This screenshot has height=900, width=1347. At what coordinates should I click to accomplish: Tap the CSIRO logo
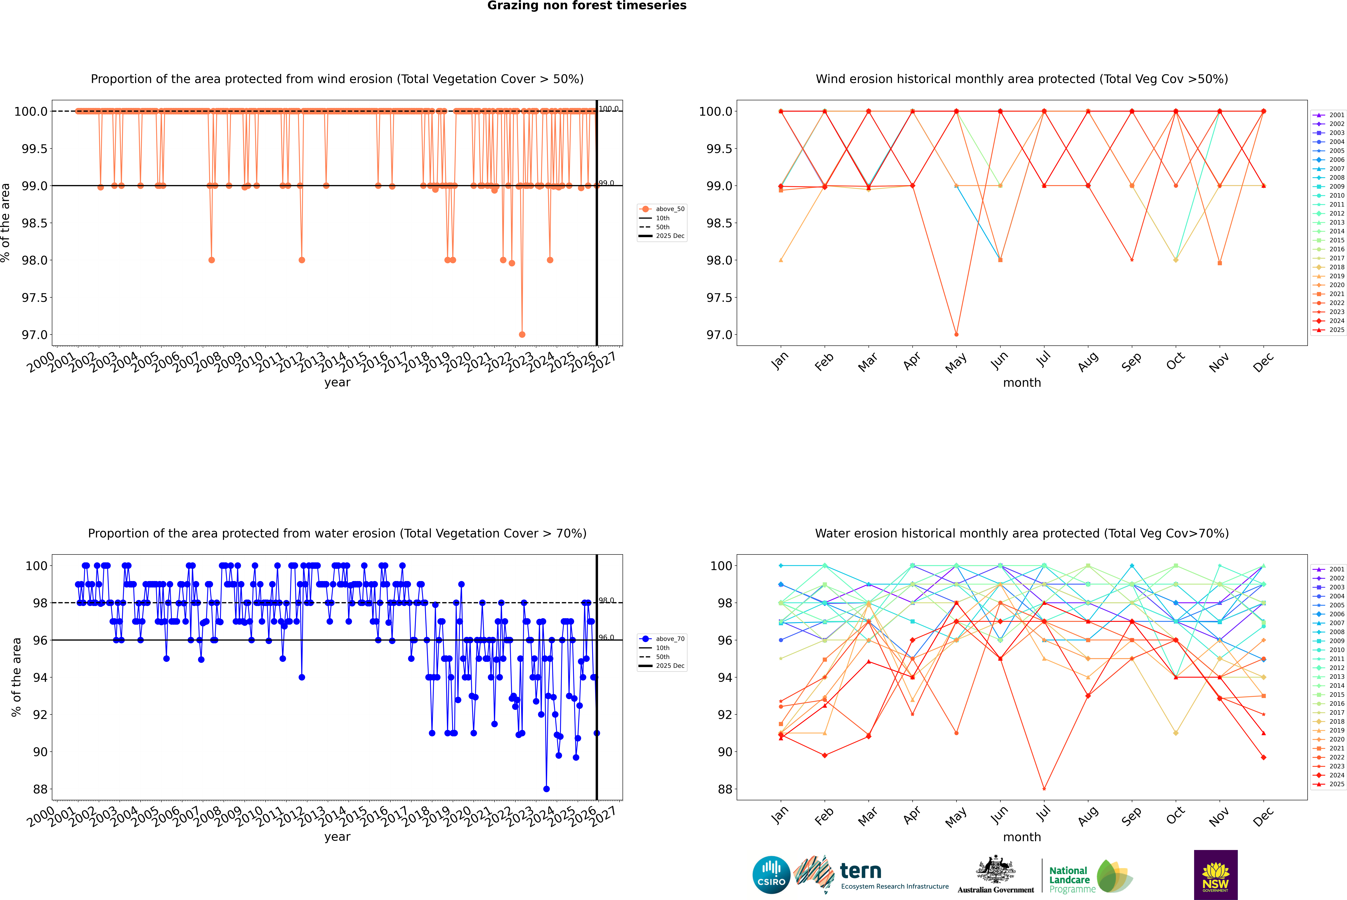coord(771,875)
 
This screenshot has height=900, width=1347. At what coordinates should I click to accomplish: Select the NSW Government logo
coord(1215,875)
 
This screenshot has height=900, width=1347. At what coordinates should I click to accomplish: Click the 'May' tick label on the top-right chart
coord(956,362)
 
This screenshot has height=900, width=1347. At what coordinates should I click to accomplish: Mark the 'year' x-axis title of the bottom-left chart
coord(337,837)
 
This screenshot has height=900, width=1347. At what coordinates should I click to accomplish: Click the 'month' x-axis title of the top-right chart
coord(1021,383)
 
